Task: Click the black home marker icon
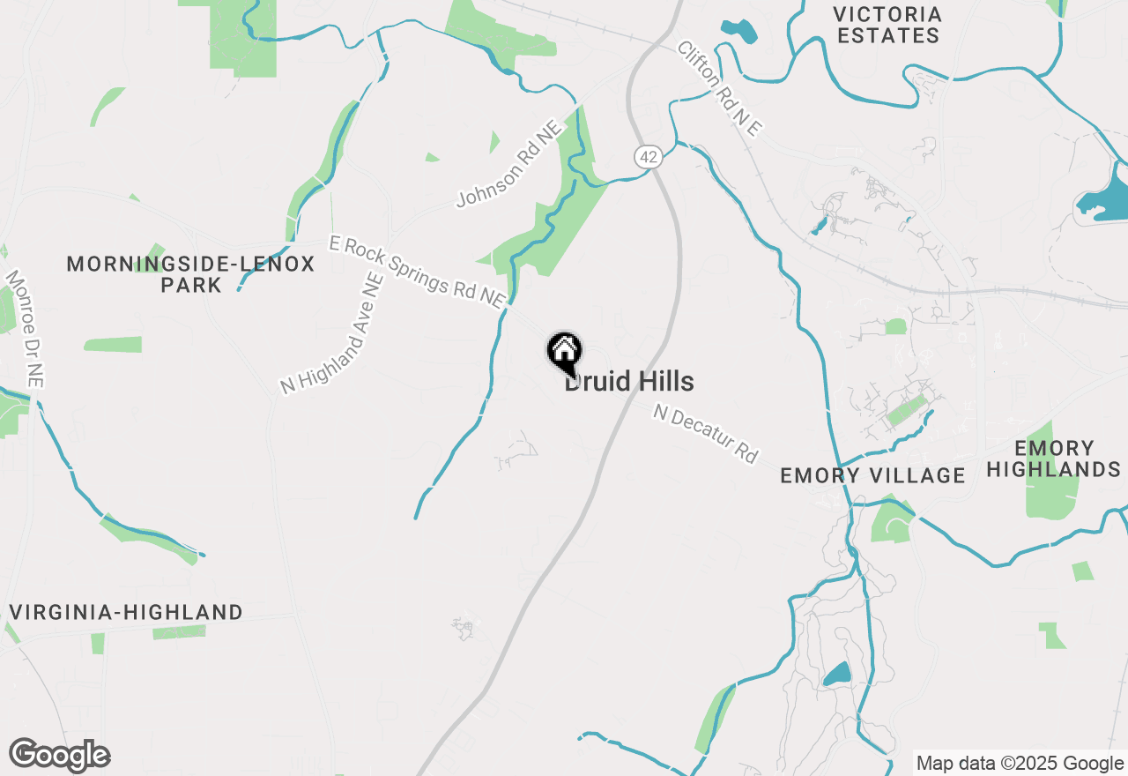pyautogui.click(x=564, y=353)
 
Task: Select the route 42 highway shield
pyautogui.click(x=648, y=157)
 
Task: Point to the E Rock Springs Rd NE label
pyautogui.click(x=416, y=271)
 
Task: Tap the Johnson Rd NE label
pyautogui.click(x=508, y=166)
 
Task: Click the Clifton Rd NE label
pyautogui.click(x=718, y=88)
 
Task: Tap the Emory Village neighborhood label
pyautogui.click(x=872, y=476)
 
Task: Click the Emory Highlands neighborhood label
pyautogui.click(x=1053, y=459)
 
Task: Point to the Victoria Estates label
pyautogui.click(x=887, y=25)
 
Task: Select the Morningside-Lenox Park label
pyautogui.click(x=190, y=274)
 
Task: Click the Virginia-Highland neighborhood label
pyautogui.click(x=126, y=612)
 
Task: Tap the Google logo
pyautogui.click(x=59, y=756)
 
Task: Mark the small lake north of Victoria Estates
pyautogui.click(x=738, y=30)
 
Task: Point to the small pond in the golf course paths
pyautogui.click(x=836, y=675)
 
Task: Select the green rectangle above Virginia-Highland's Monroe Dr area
pyautogui.click(x=113, y=345)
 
